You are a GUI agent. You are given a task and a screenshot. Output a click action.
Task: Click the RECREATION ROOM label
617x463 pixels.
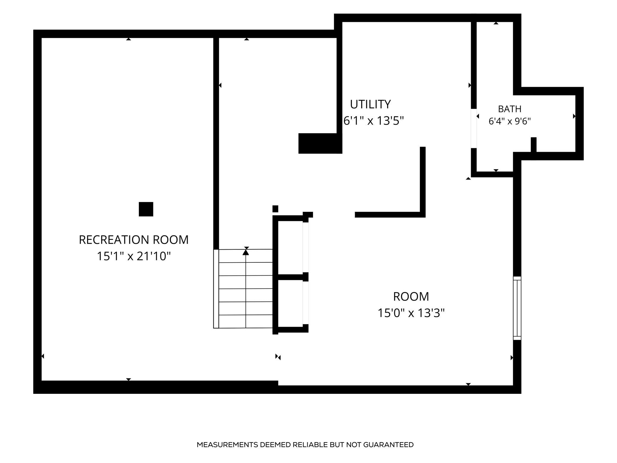point(133,240)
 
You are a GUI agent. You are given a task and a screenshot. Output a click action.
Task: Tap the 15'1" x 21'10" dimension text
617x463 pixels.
point(134,256)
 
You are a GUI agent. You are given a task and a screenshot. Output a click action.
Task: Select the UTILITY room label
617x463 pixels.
point(370,104)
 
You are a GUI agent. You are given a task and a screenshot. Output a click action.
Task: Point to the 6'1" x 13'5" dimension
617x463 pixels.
point(373,121)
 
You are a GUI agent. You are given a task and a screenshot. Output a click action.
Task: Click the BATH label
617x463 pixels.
point(510,109)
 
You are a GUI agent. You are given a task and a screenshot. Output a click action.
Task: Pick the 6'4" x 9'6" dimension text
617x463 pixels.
point(510,121)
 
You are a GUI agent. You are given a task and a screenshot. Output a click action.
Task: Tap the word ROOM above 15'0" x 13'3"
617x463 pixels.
point(411,296)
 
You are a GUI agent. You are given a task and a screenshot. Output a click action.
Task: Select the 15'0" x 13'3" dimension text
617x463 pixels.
point(411,313)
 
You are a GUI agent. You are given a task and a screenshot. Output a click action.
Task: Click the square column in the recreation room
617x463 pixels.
point(146,209)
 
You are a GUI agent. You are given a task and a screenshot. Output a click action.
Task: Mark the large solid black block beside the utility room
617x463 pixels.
point(320,143)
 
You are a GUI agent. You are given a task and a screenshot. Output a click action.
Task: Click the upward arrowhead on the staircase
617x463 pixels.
point(246,252)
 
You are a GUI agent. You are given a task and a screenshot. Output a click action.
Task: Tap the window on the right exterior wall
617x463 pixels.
point(517,308)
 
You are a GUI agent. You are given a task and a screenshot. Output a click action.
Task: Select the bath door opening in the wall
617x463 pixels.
point(474,129)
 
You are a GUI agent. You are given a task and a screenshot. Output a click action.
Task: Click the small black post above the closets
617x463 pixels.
point(275,209)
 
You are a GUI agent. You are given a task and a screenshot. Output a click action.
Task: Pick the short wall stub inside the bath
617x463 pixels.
point(534,145)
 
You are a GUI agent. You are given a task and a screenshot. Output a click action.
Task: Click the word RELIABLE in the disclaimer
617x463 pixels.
point(310,445)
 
